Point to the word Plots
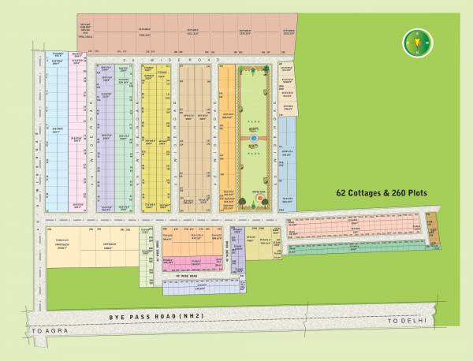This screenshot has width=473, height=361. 426,192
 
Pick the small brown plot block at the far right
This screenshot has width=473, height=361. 431,229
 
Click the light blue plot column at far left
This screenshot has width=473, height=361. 57,134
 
